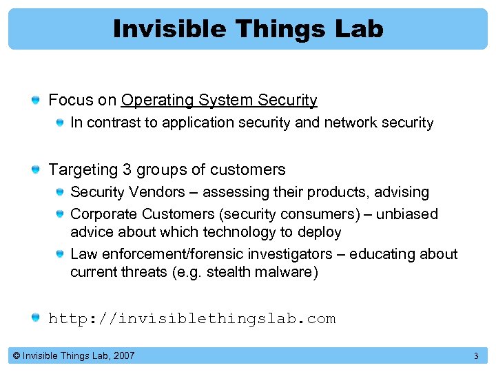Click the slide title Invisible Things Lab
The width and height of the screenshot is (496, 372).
click(x=248, y=29)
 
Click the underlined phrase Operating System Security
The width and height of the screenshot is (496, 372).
click(x=219, y=101)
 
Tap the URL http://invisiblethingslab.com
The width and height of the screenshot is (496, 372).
click(x=192, y=318)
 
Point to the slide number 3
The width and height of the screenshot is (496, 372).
click(x=475, y=356)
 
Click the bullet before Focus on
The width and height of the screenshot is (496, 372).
click(x=35, y=101)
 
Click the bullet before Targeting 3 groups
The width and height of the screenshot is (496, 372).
click(x=35, y=169)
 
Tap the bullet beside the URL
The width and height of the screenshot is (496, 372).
click(x=35, y=318)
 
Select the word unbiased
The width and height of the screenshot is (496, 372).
click(x=409, y=214)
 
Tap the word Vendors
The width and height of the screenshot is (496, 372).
click(x=163, y=192)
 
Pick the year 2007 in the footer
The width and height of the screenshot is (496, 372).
click(x=123, y=356)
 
